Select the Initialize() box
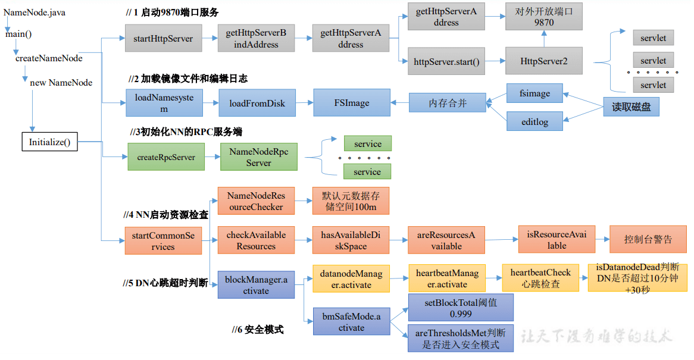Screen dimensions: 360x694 coord(49,142)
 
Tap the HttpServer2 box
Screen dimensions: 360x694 coord(543,61)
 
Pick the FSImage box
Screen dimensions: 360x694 coord(351,103)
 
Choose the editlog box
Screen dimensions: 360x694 coord(534,122)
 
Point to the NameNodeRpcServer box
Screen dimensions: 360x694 coord(258,158)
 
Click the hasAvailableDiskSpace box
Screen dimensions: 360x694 coord(351,240)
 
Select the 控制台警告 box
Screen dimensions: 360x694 coord(648,239)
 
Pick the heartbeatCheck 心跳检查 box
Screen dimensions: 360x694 coord(540,278)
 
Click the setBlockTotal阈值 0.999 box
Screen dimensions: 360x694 coord(460,308)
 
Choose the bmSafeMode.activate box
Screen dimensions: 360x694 coord(351,322)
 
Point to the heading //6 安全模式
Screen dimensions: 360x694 coord(258,329)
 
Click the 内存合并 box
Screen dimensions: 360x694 coord(448,103)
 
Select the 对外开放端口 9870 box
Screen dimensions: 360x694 coord(543,16)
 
